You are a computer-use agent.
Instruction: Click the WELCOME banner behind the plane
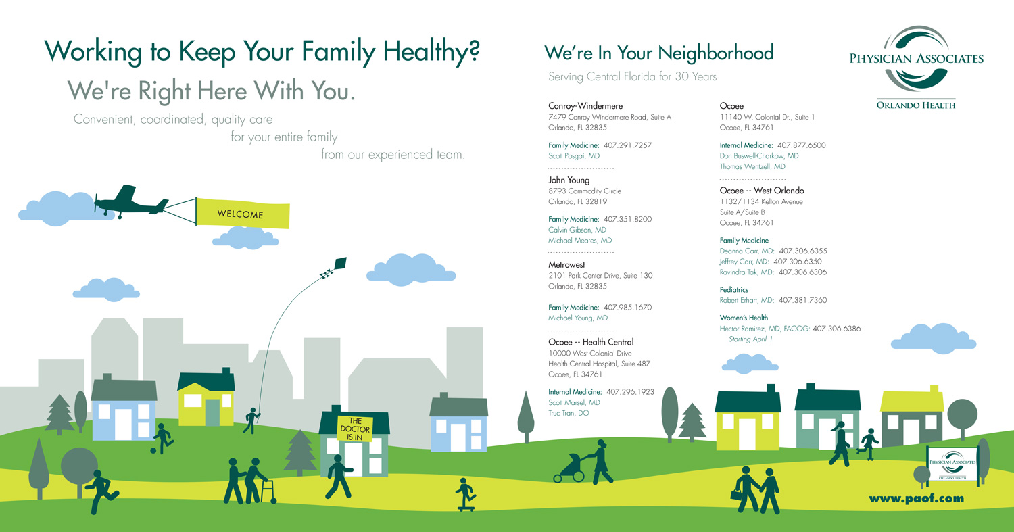coord(243,213)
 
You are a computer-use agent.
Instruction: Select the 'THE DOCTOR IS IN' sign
coord(355,429)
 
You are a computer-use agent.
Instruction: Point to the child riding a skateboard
coord(466,494)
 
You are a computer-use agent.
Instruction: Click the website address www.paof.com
coord(916,498)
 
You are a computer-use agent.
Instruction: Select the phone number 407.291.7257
coord(627,145)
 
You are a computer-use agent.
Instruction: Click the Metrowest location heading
coord(566,265)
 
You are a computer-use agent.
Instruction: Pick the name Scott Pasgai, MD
coord(573,156)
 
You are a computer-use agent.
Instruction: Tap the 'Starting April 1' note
coord(750,339)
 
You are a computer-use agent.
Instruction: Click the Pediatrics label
coord(733,290)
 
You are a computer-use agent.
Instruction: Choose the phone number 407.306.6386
coord(837,329)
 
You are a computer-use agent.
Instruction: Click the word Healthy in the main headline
coord(431,51)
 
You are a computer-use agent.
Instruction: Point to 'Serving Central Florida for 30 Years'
coord(632,76)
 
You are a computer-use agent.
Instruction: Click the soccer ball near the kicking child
coord(153,450)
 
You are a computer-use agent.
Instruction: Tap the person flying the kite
coord(251,420)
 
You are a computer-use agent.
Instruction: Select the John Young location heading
coord(569,180)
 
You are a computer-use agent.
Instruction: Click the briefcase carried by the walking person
coord(737,494)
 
